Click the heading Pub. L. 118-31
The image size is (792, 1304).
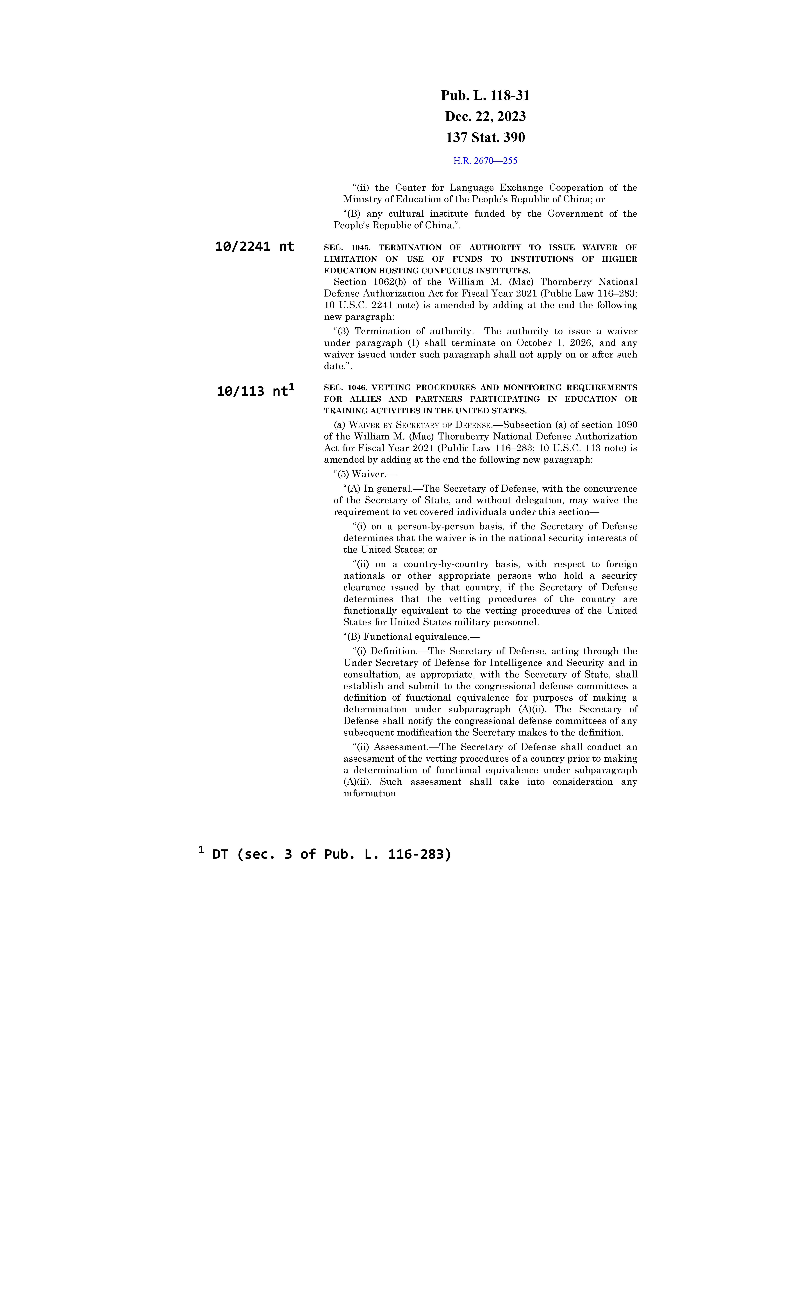click(485, 96)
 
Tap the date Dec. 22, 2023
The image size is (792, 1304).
click(485, 116)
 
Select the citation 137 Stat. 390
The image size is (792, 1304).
click(485, 138)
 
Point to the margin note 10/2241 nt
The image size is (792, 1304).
click(255, 247)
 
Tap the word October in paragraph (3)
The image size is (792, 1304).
click(534, 343)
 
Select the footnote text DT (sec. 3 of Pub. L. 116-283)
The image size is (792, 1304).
click(331, 854)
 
